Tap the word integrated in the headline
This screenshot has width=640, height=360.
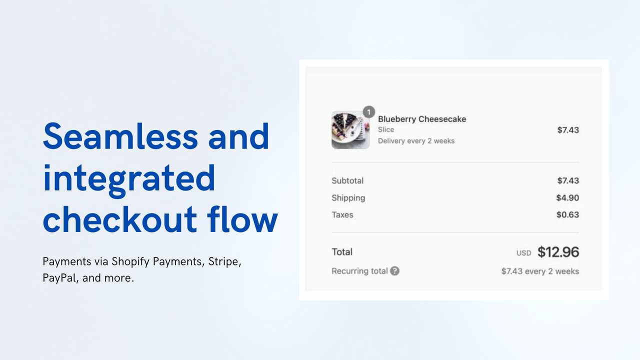tap(129, 178)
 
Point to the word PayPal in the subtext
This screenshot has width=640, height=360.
tap(59, 278)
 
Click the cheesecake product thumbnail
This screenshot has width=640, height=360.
tap(350, 130)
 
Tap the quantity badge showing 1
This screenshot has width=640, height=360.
tap(368, 112)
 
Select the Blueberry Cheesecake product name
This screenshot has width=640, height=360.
tap(422, 119)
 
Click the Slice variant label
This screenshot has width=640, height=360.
tap(386, 129)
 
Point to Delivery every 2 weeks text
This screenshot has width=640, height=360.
tap(416, 141)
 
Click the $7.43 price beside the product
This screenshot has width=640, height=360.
tap(568, 130)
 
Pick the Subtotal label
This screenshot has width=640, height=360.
tap(347, 180)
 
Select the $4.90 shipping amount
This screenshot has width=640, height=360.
tap(567, 198)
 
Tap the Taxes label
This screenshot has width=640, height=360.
tap(342, 215)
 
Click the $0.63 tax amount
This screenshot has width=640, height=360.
tap(567, 215)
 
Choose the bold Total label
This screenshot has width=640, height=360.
tap(342, 252)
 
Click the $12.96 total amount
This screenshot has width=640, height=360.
tap(558, 252)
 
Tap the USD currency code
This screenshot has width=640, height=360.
tap(523, 253)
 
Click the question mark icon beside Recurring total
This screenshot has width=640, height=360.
tap(395, 271)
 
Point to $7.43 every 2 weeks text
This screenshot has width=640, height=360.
tap(540, 271)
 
